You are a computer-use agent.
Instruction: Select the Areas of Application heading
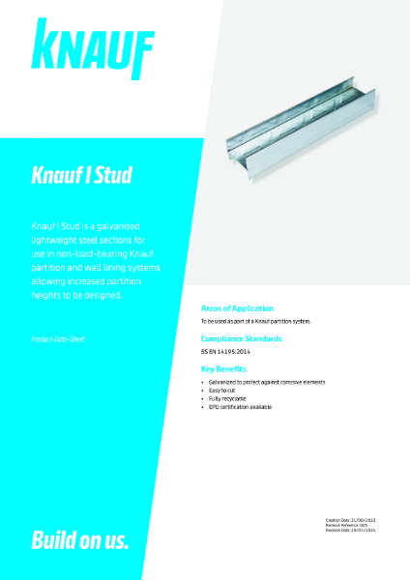pos(236,307)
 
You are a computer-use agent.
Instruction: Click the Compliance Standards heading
pos(241,338)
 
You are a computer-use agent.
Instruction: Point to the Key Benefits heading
pos(223,369)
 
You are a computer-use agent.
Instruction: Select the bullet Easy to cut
pos(224,391)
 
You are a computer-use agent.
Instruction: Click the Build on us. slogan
pos(80,539)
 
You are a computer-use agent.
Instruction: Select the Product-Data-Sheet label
pos(58,339)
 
